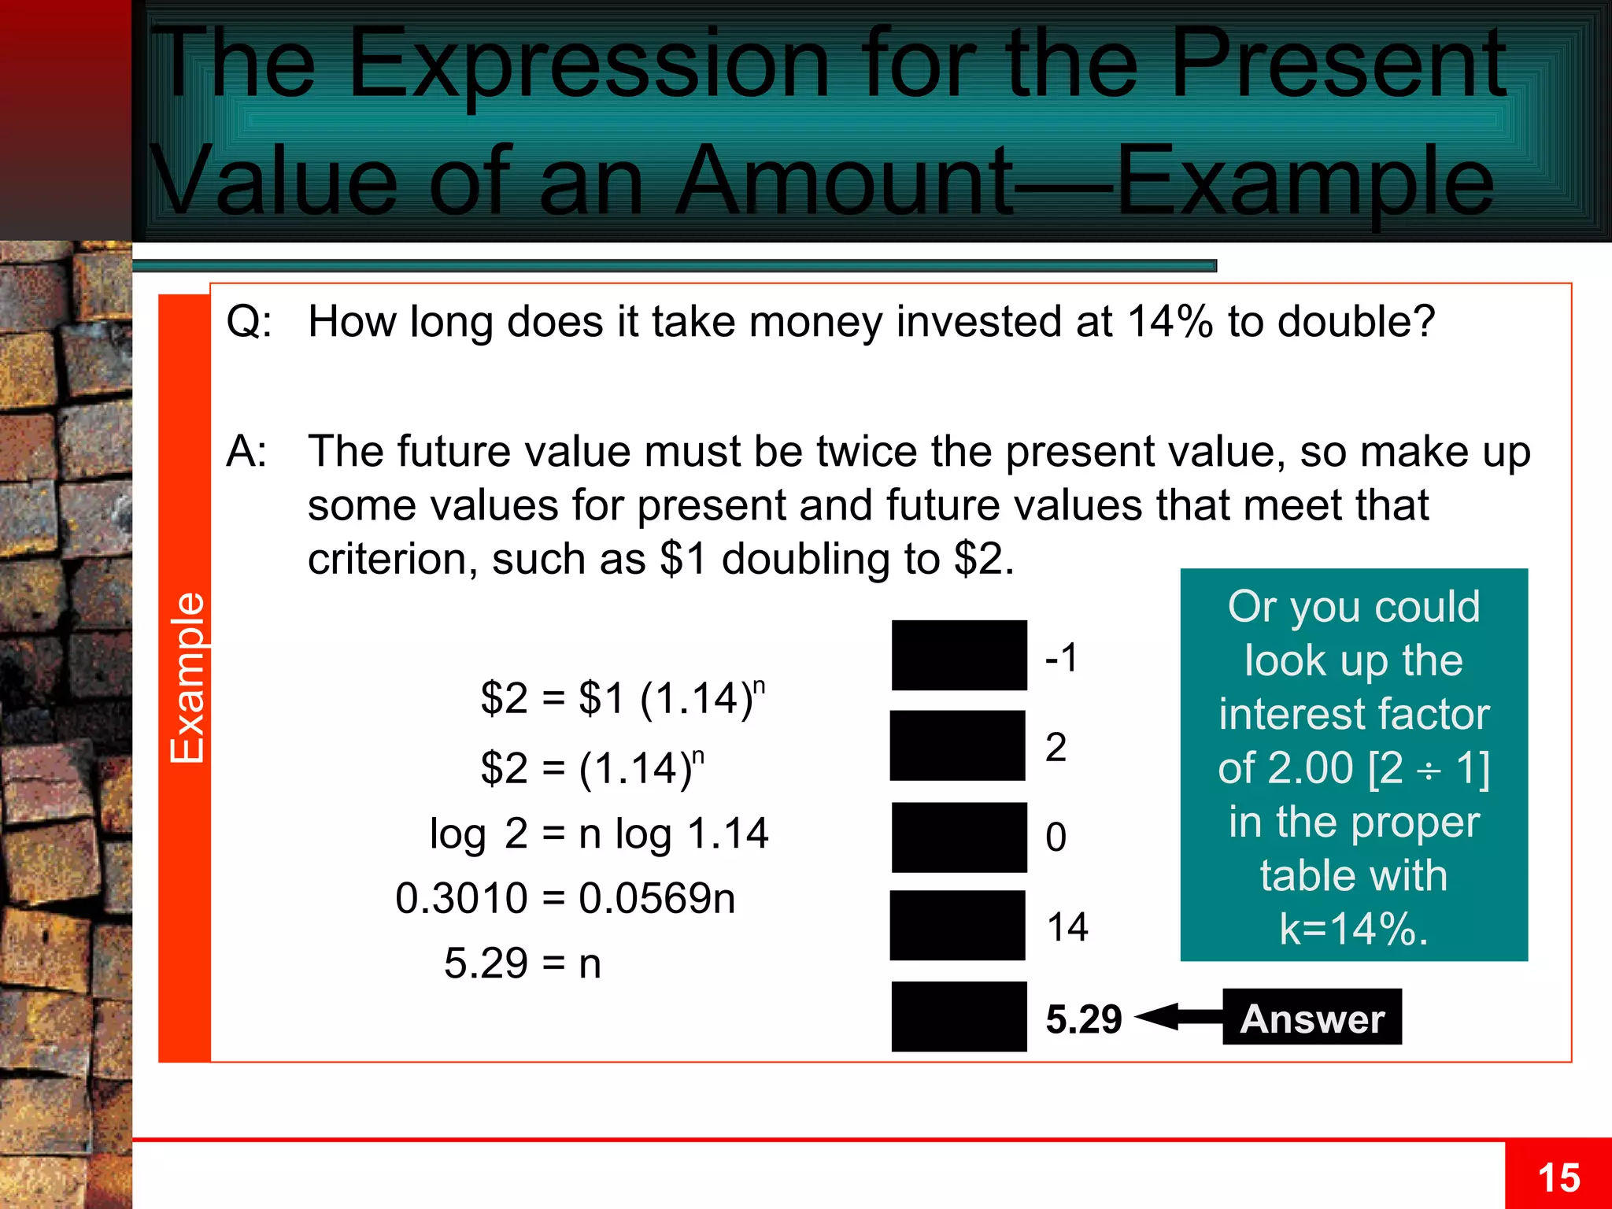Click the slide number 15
[x=1558, y=1178]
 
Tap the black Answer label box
[x=1311, y=1018]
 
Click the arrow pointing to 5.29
[x=1177, y=1017]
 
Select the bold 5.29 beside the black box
[x=1083, y=1019]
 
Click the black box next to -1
[x=959, y=655]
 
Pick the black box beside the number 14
[x=957, y=926]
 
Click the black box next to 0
[x=959, y=837]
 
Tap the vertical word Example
[x=187, y=678]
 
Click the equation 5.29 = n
[x=523, y=963]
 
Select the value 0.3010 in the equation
[x=461, y=898]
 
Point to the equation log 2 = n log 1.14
[x=599, y=834]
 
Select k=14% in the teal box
[x=1353, y=929]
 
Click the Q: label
[x=249, y=322]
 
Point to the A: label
[x=246, y=452]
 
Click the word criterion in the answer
[x=391, y=560]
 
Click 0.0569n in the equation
[x=656, y=898]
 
